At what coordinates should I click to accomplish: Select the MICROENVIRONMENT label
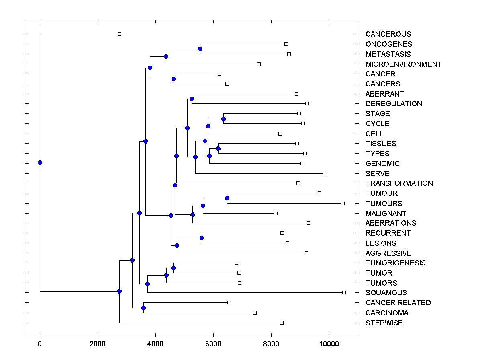[403, 64]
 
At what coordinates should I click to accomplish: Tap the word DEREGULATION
[394, 104]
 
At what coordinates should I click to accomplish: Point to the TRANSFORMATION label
[399, 183]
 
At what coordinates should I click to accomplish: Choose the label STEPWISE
[384, 323]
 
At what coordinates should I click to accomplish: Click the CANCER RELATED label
[398, 303]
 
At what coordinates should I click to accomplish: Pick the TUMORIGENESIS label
[395, 263]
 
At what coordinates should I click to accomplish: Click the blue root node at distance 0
[40, 162]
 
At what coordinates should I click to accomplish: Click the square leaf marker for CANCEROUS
[119, 34]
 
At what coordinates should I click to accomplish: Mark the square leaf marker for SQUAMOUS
[344, 292]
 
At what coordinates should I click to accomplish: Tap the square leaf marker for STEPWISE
[282, 323]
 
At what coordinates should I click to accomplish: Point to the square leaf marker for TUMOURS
[343, 203]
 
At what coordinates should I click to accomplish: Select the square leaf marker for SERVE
[324, 173]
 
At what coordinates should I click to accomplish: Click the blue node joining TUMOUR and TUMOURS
[227, 198]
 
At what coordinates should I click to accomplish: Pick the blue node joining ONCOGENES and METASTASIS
[200, 49]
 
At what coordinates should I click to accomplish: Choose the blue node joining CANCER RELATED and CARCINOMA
[143, 308]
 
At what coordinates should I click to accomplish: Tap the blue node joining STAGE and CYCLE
[223, 119]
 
